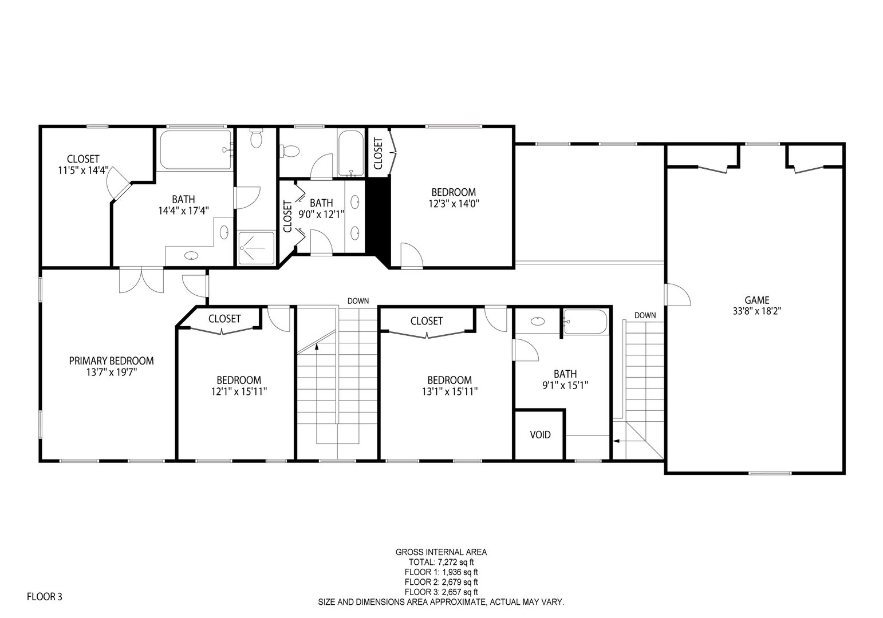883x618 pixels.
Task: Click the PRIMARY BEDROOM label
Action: point(111,360)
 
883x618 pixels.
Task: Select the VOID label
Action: point(540,435)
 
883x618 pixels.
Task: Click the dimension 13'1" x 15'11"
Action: point(450,391)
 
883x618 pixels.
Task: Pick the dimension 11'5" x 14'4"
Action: point(83,170)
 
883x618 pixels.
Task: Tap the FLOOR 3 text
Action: point(45,597)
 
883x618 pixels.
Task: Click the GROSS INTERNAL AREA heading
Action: point(441,552)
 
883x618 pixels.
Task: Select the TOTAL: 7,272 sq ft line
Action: point(441,562)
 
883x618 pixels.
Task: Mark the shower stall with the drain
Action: point(255,248)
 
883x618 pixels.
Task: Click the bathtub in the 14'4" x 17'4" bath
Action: point(195,150)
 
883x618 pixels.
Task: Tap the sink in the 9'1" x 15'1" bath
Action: point(537,321)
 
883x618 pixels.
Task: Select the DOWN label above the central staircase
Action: point(358,301)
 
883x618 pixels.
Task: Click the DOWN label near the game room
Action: point(645,315)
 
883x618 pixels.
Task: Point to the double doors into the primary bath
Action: point(141,280)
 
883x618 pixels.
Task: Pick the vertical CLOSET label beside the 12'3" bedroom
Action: point(378,153)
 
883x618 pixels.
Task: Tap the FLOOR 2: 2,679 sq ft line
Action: point(441,582)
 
